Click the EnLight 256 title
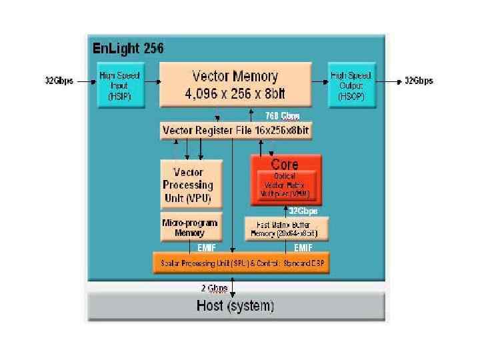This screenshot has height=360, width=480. (127, 49)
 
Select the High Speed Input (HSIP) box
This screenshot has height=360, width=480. (119, 85)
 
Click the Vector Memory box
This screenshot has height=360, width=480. (235, 85)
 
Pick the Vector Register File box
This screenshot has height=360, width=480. (236, 130)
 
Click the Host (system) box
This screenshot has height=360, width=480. (235, 307)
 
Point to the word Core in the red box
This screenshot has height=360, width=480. (285, 164)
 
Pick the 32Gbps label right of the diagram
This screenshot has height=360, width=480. (419, 81)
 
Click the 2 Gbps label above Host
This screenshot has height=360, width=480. (215, 288)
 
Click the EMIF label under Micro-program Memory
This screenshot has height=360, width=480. (205, 247)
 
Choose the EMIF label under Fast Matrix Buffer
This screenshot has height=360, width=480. (304, 247)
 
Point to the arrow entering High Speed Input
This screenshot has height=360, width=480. (85, 81)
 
